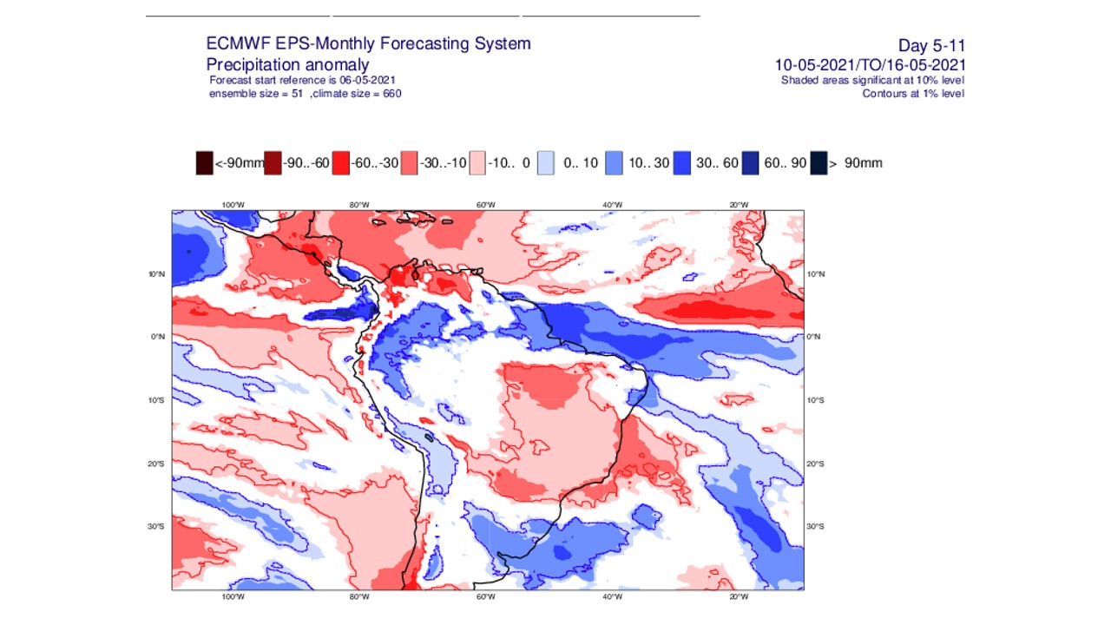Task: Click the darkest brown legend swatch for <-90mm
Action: point(204,162)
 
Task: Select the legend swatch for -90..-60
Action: point(273,162)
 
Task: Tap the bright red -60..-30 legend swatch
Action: point(341,162)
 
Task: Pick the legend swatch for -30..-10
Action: point(409,162)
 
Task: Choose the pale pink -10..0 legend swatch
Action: point(477,162)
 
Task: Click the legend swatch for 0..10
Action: point(546,162)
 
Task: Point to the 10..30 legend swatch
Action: point(614,162)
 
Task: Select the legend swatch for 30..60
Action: point(682,162)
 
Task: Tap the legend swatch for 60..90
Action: point(751,162)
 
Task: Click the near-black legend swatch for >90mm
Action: point(818,162)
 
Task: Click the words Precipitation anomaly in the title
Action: point(287,65)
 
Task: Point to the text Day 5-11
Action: point(931,46)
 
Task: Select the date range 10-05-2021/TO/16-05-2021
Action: point(871,65)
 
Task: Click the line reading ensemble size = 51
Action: point(256,94)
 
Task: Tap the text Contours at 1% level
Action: point(912,94)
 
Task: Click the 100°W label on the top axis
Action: point(233,205)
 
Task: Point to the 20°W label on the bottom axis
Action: point(739,597)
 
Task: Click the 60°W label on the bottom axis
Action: point(486,597)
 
